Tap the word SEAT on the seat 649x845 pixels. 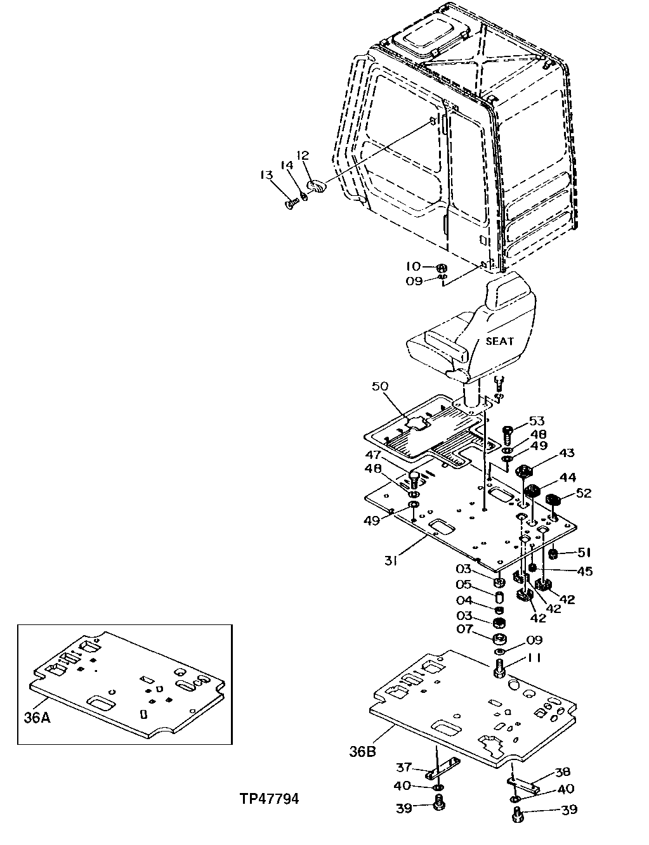click(x=500, y=341)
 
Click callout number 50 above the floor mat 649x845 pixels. click(x=381, y=386)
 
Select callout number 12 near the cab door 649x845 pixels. click(x=303, y=155)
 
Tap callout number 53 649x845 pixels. click(x=537, y=422)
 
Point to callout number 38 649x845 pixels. click(x=562, y=772)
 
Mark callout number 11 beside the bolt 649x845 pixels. click(x=535, y=659)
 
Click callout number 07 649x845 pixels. click(x=466, y=630)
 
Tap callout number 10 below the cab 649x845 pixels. click(x=414, y=266)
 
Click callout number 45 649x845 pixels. click(x=584, y=571)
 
